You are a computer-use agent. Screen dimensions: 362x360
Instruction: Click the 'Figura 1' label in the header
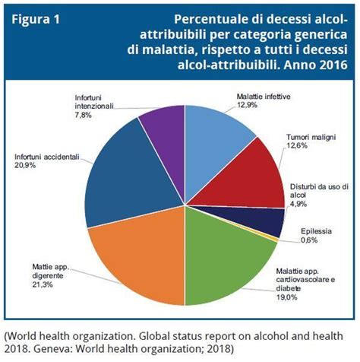(36, 17)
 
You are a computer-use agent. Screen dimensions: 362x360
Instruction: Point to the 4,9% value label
(301, 203)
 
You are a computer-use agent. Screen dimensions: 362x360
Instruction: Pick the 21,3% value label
(43, 284)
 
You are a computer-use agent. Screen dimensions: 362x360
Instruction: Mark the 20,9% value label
(27, 166)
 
